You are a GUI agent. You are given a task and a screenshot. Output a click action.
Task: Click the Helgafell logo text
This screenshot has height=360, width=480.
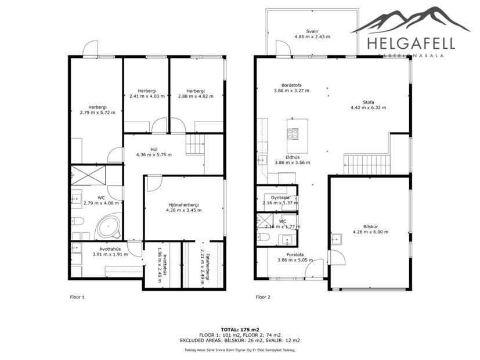[410, 42]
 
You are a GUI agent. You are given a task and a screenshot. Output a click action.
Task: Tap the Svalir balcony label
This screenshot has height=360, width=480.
[312, 31]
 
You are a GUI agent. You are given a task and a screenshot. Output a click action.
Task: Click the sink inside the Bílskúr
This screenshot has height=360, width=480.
[335, 237]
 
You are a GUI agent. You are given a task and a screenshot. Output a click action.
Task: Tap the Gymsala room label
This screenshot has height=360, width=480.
[276, 197]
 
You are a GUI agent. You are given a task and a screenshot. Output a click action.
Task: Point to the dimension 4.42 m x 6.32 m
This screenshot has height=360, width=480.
[370, 107]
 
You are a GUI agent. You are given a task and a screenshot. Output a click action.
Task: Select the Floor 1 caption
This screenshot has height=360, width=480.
[77, 297]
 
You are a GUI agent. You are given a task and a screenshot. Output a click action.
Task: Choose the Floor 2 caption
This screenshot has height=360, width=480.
[264, 297]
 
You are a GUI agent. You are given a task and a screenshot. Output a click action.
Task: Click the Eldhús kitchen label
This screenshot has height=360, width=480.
[292, 157]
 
